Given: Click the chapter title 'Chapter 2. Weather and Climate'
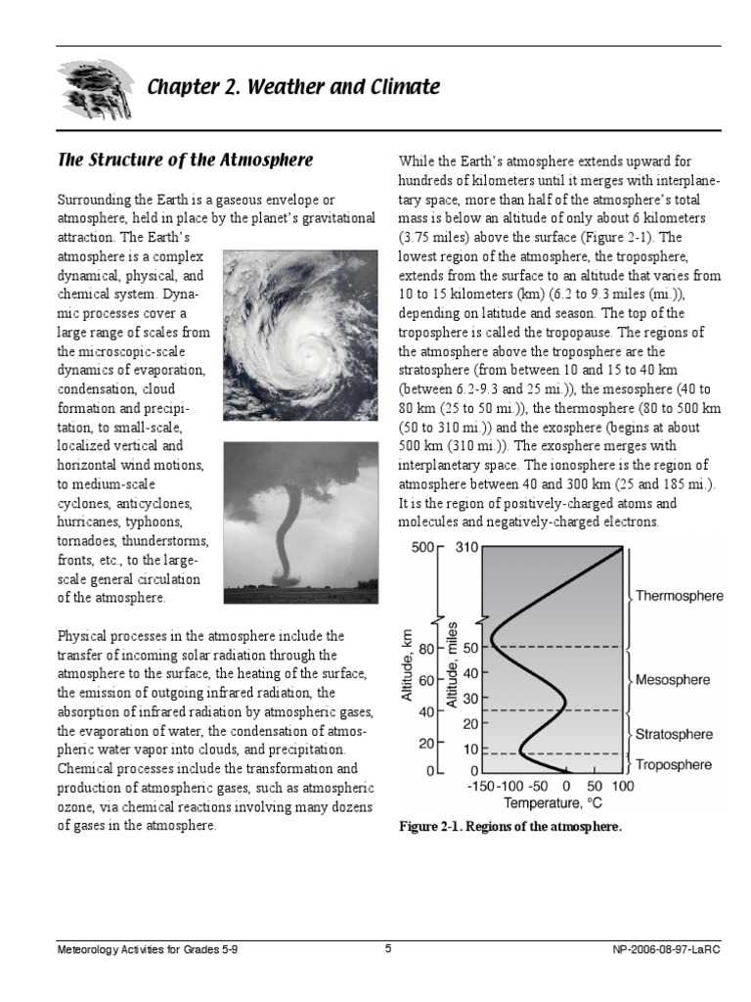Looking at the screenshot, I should (292, 88).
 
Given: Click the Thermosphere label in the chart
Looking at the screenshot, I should (680, 595).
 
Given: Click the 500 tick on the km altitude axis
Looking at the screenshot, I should (421, 548).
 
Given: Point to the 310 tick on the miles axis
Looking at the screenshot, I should (466, 548).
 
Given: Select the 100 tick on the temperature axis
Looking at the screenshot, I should (623, 787).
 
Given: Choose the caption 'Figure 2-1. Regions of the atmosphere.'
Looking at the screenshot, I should (509, 827).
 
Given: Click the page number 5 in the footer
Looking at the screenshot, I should (388, 949).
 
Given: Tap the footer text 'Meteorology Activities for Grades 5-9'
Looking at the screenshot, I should (147, 950).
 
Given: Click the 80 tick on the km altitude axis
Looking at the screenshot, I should (425, 648).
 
